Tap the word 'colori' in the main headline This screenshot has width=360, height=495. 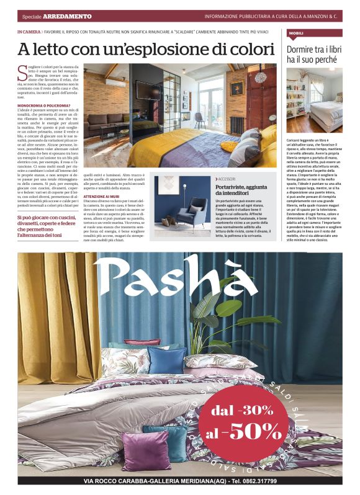pos(247,49)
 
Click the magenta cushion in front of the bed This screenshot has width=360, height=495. pos(146,452)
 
